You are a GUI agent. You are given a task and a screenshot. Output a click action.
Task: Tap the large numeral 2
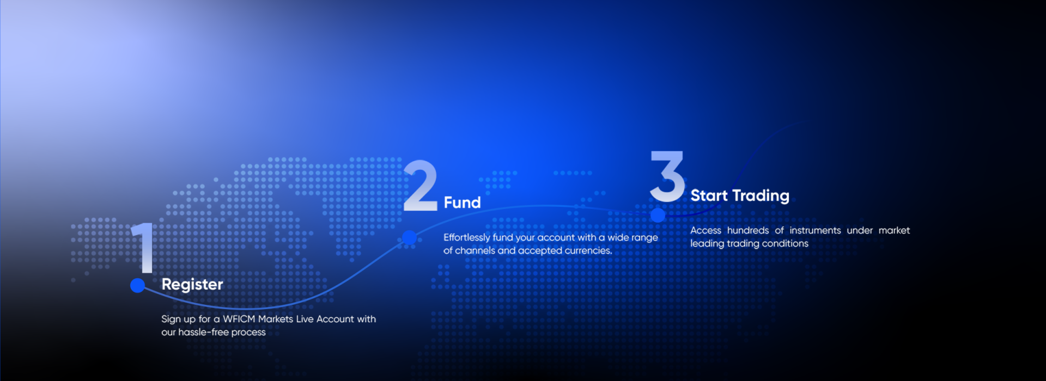tap(420, 185)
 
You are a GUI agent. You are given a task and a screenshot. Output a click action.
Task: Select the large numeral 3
tap(667, 176)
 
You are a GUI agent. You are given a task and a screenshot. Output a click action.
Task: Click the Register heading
tap(192, 285)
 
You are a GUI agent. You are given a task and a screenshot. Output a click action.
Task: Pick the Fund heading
tap(463, 202)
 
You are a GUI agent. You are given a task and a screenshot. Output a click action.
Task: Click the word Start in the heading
tap(709, 195)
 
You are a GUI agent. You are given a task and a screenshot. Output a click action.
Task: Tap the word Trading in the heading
tap(761, 196)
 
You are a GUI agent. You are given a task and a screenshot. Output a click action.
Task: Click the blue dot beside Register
tap(138, 285)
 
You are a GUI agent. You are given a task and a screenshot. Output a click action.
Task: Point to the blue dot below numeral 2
tap(410, 238)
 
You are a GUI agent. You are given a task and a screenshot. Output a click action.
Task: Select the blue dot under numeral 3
tap(658, 215)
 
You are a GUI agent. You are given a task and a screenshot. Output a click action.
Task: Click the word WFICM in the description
tap(239, 319)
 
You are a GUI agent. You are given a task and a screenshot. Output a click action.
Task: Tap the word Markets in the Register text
tap(276, 319)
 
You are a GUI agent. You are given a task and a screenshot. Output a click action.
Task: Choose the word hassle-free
tap(203, 332)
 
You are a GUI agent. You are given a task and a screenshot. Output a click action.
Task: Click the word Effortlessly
tap(467, 238)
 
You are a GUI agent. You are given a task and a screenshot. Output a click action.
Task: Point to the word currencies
tap(588, 250)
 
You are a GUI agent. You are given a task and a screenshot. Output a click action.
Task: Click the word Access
tap(706, 230)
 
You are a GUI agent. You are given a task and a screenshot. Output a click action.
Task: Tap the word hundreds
tap(748, 230)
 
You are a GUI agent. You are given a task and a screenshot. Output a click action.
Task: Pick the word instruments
tap(815, 230)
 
